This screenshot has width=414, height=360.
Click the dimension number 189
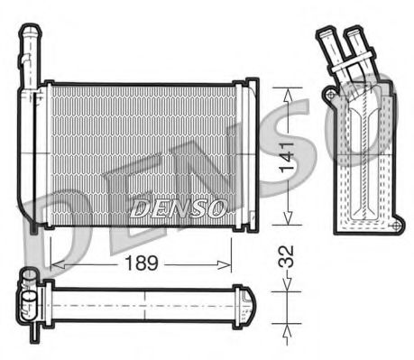140,263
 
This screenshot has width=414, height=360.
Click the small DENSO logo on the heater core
178,208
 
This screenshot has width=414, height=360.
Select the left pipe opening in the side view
324,34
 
